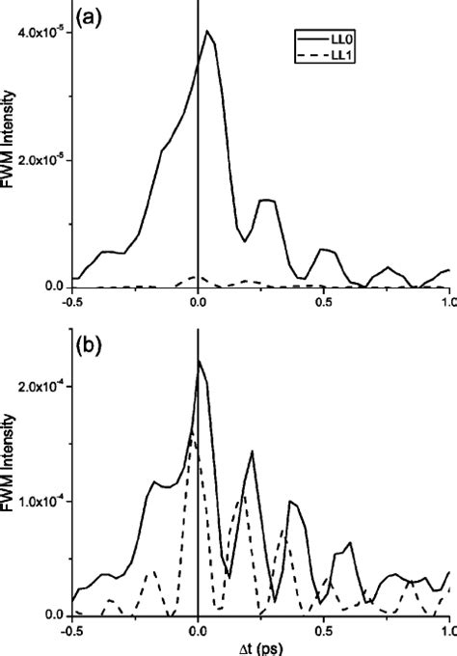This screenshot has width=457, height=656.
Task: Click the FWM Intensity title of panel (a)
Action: [x=10, y=145]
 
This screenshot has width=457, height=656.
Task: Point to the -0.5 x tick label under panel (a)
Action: [x=71, y=300]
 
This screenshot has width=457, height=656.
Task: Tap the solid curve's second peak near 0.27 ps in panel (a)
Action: [x=266, y=200]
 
